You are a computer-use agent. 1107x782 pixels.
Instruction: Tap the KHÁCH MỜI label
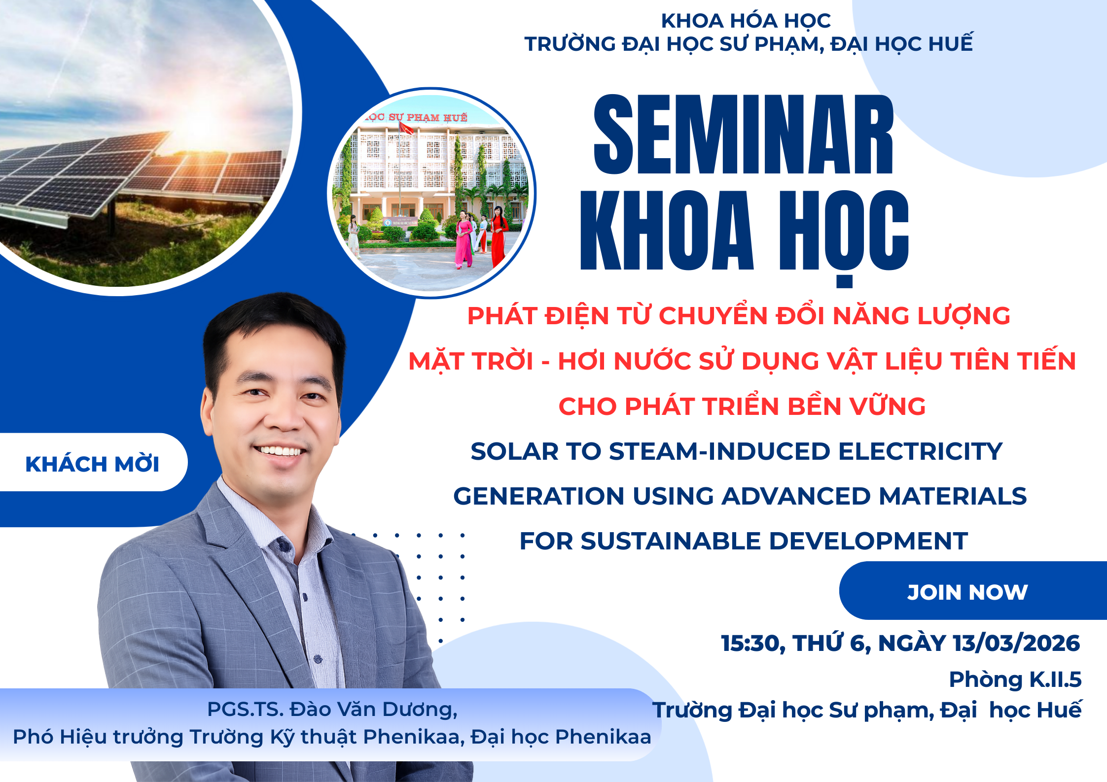92,464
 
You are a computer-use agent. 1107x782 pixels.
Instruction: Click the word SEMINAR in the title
744,134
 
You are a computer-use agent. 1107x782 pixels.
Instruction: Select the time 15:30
752,644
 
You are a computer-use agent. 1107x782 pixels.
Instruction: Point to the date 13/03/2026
1016,643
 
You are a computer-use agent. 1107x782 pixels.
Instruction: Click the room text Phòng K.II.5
1015,680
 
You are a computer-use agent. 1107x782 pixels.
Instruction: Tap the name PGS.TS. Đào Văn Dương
332,710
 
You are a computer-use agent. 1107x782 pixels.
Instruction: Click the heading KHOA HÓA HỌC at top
746,21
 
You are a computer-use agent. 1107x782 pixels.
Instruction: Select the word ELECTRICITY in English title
920,451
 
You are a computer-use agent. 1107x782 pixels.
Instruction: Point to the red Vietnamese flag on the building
406,129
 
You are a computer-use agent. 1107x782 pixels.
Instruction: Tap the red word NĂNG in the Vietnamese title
870,315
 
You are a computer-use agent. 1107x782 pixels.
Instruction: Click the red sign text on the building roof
417,117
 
